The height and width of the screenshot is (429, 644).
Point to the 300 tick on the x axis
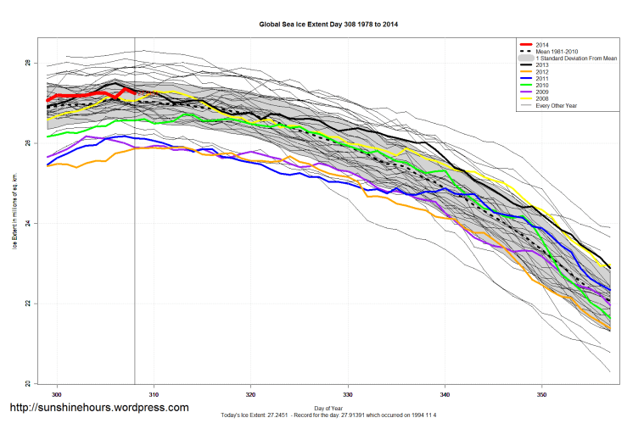tap(57, 394)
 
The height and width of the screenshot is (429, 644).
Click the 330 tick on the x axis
tap(348, 394)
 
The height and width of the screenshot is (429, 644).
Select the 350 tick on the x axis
tap(542, 394)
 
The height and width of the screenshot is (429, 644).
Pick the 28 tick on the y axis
tap(27, 64)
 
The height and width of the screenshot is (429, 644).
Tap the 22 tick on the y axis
tap(27, 304)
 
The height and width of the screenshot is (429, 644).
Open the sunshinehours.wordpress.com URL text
tap(98, 408)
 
